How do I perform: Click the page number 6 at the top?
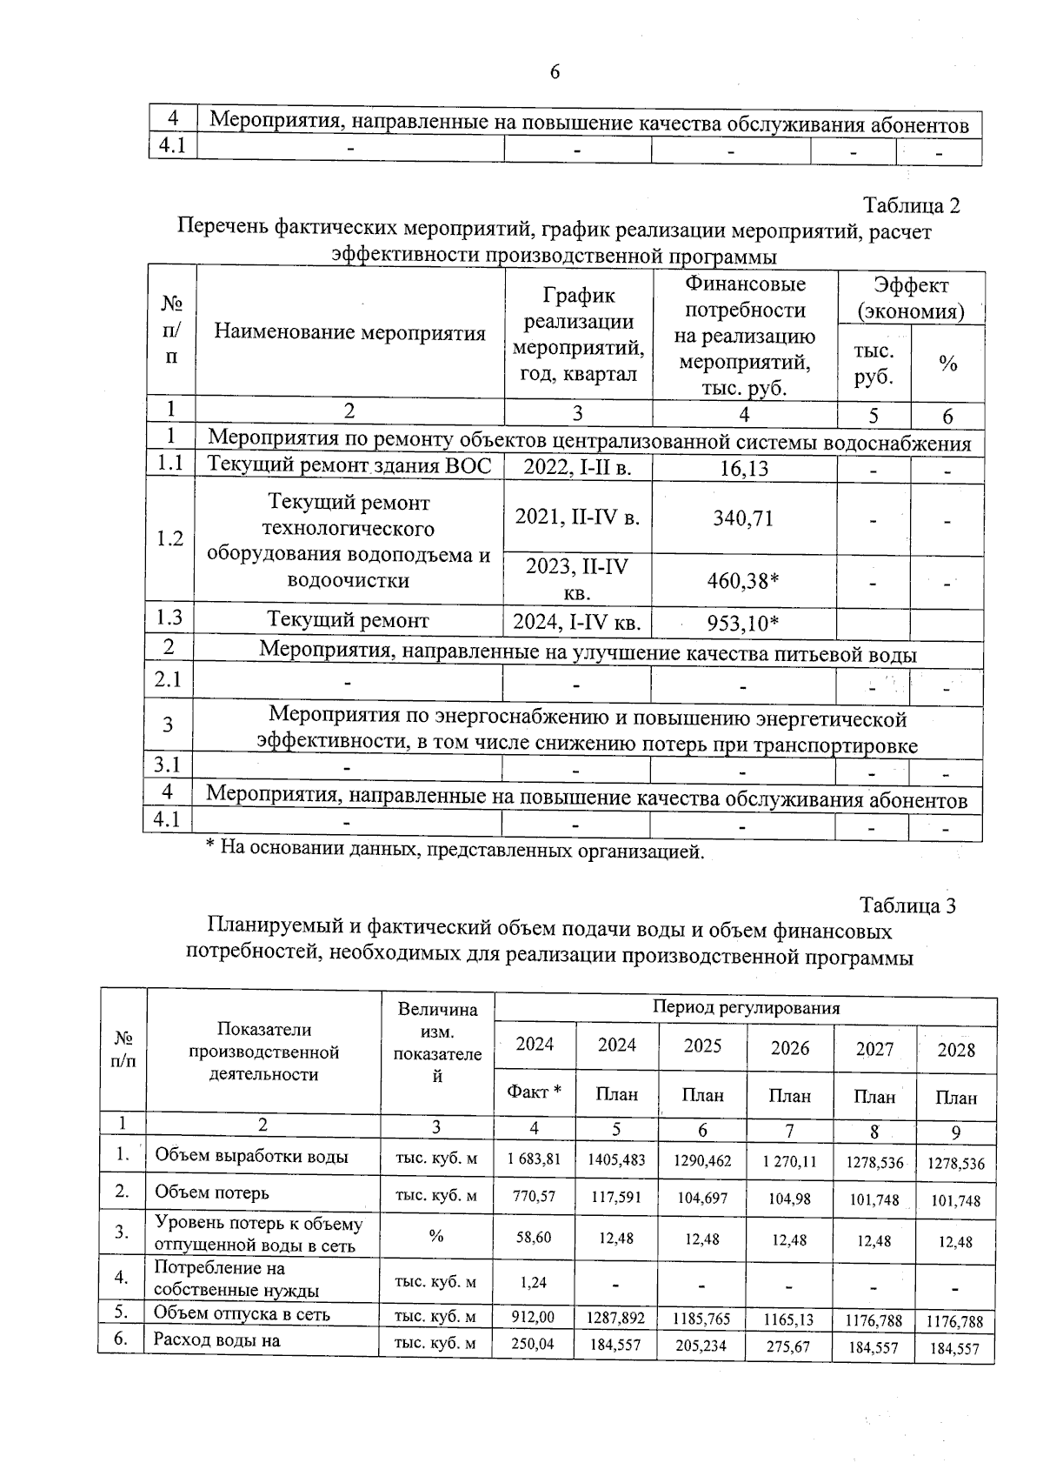(x=555, y=72)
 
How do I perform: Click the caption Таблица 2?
(x=910, y=206)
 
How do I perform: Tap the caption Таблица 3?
(x=907, y=905)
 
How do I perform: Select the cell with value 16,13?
(x=744, y=469)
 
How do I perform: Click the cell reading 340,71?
(x=743, y=518)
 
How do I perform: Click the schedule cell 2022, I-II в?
(x=577, y=468)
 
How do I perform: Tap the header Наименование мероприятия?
(x=349, y=332)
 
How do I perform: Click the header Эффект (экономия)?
(x=911, y=297)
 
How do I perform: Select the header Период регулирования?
(x=746, y=1008)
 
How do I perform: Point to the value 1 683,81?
(x=535, y=1159)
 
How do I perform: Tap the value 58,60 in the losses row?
(x=535, y=1237)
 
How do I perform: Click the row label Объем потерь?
(x=212, y=1192)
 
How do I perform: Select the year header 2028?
(x=955, y=1050)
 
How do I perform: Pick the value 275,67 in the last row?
(x=789, y=1346)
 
